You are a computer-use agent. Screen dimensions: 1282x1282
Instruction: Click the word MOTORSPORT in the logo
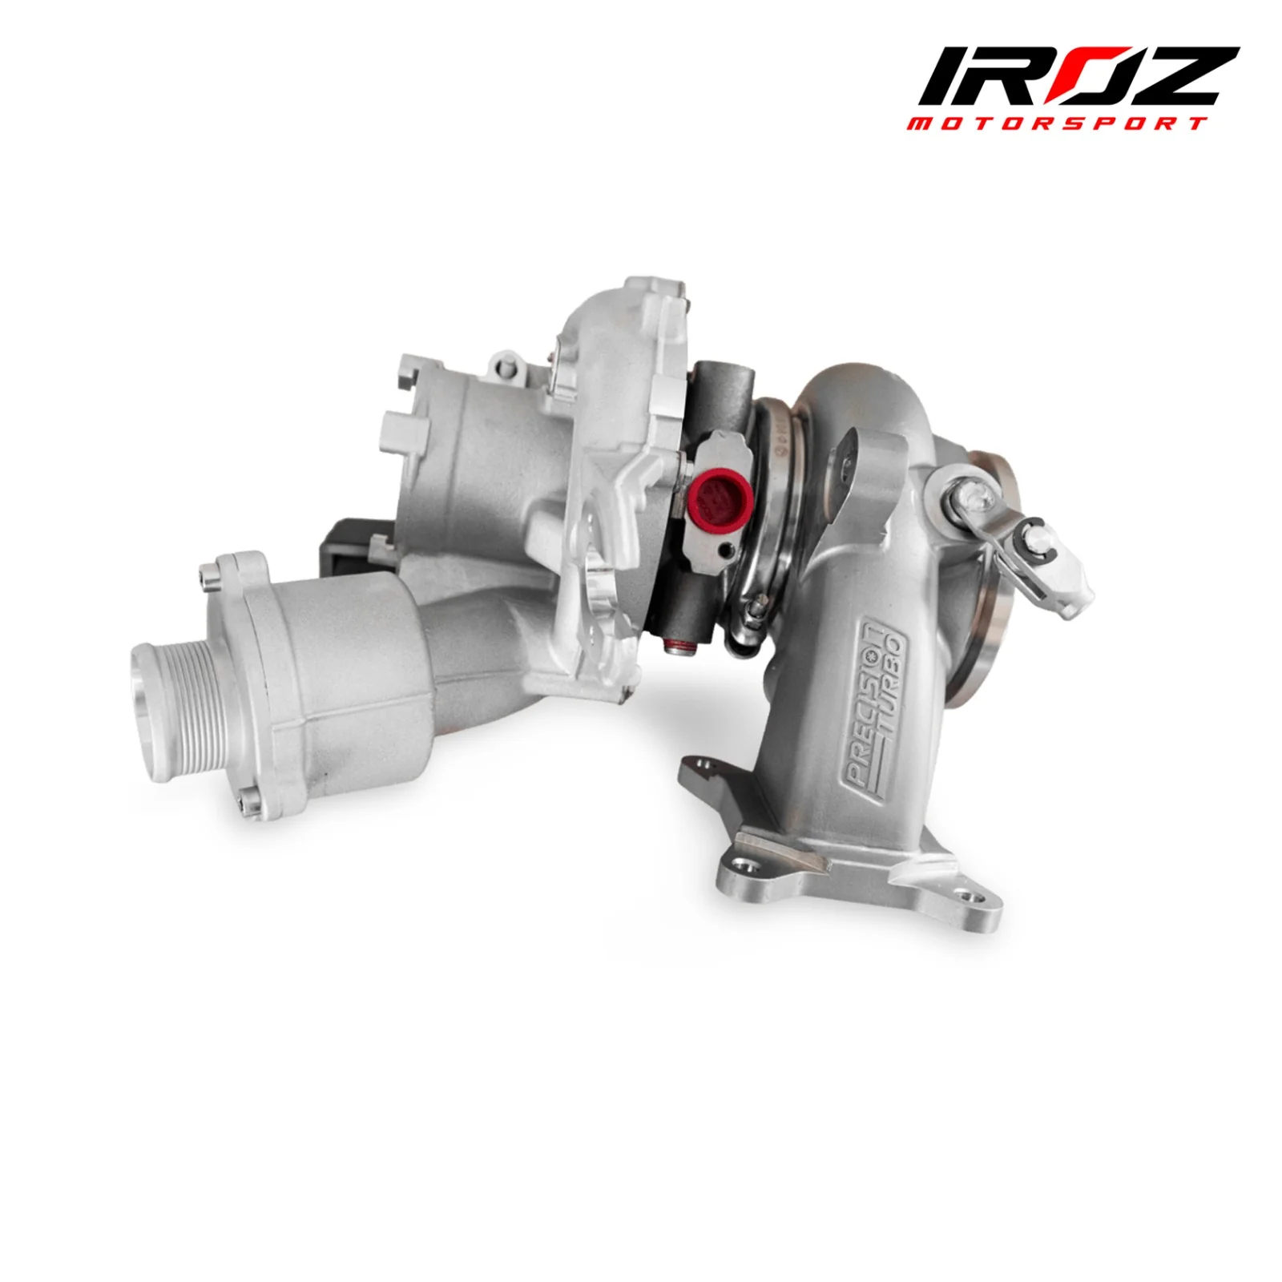coord(1057,123)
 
